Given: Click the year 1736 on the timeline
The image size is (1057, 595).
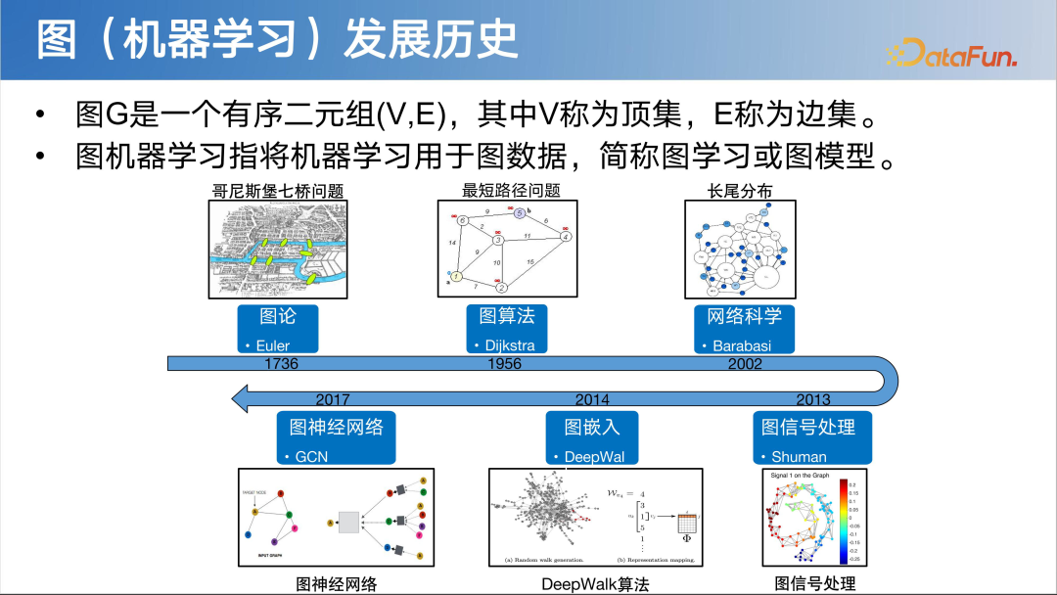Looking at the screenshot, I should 280,364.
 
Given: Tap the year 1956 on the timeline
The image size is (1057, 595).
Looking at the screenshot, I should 504,364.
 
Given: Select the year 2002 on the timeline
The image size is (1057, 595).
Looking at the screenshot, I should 744,364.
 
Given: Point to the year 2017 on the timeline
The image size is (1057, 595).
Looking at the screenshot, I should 333,399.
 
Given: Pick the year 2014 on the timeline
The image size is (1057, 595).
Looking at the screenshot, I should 592,399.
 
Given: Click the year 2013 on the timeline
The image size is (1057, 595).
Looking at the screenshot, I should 812,399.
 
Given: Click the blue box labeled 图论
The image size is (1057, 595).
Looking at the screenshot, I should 277,328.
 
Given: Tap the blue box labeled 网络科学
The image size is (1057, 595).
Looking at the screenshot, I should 744,328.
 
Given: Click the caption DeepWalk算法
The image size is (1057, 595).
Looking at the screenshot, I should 594,584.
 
